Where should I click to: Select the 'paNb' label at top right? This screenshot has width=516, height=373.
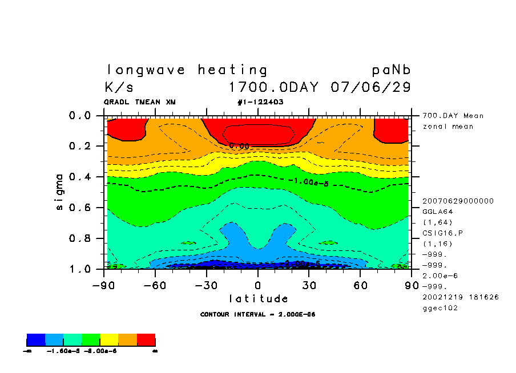coord(392,70)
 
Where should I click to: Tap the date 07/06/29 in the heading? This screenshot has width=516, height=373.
coord(370,88)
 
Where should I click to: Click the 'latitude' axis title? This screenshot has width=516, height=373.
coord(259,299)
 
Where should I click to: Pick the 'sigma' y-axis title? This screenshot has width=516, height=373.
coord(60,192)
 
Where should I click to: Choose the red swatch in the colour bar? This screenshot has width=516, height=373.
coord(146,340)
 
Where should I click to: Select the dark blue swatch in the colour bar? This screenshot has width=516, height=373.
coord(36,340)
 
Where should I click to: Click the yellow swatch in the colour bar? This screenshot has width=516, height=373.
coord(109,340)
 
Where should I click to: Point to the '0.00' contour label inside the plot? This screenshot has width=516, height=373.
coord(239,146)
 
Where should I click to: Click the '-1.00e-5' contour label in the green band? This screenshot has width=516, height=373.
coord(311,181)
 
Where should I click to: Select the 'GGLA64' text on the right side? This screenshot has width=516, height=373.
coord(436,212)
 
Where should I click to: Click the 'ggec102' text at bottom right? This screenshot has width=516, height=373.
coord(440,308)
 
